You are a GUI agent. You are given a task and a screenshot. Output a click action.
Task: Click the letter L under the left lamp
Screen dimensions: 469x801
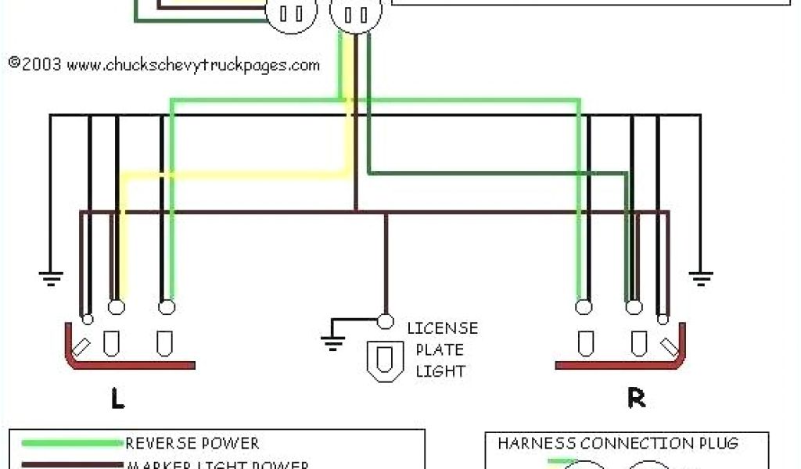tap(117, 399)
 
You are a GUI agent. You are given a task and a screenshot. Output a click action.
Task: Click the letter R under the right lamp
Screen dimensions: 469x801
tap(637, 399)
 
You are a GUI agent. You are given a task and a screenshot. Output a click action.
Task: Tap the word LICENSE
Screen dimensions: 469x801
tap(442, 328)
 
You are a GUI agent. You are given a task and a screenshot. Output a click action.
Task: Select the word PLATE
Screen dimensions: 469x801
tap(439, 349)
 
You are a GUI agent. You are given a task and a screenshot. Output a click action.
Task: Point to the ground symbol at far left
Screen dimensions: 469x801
tap(51, 275)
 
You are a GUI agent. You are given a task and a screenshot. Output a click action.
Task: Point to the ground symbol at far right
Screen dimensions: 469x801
tap(700, 275)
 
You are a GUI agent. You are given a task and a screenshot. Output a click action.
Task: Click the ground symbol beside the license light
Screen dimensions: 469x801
tap(332, 338)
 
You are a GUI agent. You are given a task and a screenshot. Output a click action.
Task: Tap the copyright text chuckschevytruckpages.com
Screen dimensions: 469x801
tap(164, 65)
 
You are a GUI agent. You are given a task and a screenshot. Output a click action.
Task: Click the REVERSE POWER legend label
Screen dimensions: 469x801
tap(192, 444)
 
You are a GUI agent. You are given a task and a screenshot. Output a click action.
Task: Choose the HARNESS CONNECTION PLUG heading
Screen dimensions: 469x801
tap(618, 444)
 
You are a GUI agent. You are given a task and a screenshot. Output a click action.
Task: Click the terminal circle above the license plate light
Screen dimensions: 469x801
tap(385, 320)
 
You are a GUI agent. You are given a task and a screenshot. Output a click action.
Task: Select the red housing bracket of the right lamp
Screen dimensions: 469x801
tap(626, 363)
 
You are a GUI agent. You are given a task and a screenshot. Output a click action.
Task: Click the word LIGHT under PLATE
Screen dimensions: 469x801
tap(440, 371)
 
